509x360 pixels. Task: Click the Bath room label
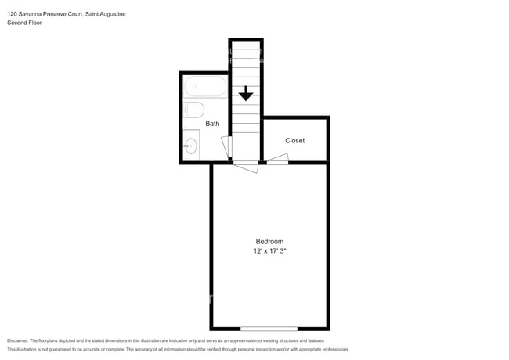pos(212,124)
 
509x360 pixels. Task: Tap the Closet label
pos(294,140)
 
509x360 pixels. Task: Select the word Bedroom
pos(269,241)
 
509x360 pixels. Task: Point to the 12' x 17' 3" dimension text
pos(269,250)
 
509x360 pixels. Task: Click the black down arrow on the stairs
pos(246,93)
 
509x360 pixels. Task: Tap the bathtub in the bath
pos(205,87)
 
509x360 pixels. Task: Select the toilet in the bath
pos(193,110)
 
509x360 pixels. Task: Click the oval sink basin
pos(191,146)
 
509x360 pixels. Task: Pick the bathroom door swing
pos(226,146)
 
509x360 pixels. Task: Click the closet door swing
pos(278,157)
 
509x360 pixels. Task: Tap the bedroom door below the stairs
pos(246,167)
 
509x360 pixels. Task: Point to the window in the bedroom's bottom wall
pos(269,329)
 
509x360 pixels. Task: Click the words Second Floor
pos(24,23)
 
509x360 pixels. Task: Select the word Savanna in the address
pos(31,14)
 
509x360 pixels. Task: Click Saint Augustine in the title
pos(106,14)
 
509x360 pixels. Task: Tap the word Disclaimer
pos(18,340)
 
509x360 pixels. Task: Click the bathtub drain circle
pos(194,87)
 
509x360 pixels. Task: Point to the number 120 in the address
pos(12,14)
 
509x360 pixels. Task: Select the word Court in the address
pos(76,14)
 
